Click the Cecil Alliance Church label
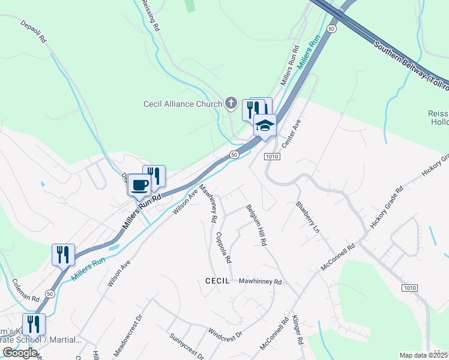tap(182, 104)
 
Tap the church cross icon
tap(231, 103)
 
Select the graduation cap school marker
tap(265, 125)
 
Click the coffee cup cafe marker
tap(140, 185)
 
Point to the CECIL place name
tap(217, 281)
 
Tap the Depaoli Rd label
tap(34, 31)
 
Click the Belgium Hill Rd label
tap(256, 227)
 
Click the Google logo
tap(20, 352)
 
